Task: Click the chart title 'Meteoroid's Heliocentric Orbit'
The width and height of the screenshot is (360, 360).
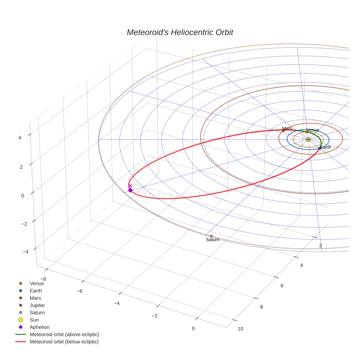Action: (180, 32)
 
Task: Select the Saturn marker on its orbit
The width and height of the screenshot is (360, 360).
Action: (211, 236)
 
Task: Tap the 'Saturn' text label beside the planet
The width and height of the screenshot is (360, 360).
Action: (213, 240)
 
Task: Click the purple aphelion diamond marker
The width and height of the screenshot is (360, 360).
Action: (130, 190)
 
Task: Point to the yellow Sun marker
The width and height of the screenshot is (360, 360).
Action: (308, 139)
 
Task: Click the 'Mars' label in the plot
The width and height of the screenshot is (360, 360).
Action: (287, 128)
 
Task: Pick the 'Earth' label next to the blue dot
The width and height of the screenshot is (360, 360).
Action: (326, 147)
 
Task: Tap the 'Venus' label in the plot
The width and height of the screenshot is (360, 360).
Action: (313, 130)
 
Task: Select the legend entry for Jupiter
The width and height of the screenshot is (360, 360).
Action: (37, 305)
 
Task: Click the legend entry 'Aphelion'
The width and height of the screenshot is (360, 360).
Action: (40, 327)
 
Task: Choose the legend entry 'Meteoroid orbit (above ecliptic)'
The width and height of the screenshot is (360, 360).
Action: (64, 334)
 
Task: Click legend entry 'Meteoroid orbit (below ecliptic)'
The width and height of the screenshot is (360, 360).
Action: (64, 342)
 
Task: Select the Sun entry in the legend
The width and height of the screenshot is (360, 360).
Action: (35, 320)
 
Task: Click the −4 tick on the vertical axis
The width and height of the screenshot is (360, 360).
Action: (25, 252)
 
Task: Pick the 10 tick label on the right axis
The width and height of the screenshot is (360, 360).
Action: (240, 329)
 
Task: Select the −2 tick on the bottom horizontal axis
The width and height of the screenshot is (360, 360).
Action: (154, 316)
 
